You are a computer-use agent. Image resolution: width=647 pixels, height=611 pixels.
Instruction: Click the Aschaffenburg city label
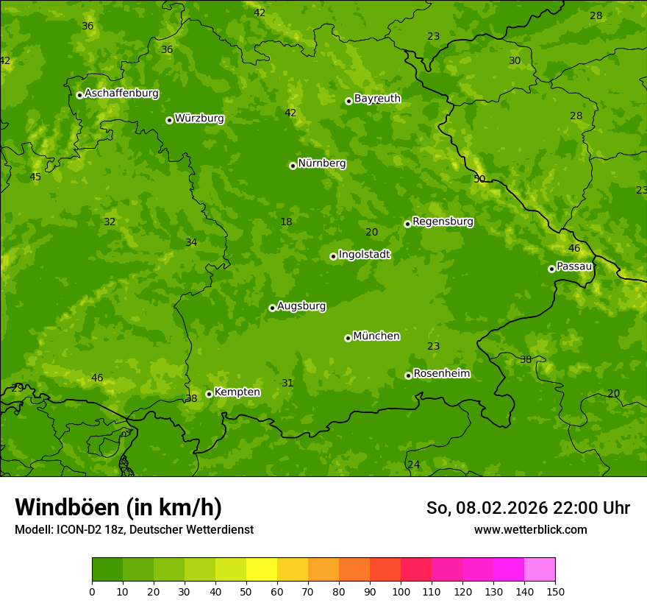tap(121, 93)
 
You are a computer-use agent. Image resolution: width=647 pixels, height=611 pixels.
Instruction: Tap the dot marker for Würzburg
tap(169, 120)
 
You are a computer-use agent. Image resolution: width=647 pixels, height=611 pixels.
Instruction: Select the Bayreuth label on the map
tap(377, 99)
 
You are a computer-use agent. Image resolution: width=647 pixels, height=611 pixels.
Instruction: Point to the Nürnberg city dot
tap(293, 166)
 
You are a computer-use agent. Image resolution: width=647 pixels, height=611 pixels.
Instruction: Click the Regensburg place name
tap(443, 222)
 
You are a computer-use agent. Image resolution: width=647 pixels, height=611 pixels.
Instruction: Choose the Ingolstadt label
tap(364, 255)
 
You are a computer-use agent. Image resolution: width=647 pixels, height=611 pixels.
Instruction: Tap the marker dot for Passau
tap(551, 269)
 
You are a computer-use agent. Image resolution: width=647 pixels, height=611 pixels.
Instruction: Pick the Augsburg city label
tap(301, 306)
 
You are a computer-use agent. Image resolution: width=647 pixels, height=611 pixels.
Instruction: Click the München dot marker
tap(348, 338)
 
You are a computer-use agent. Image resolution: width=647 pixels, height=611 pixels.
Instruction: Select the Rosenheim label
tap(441, 374)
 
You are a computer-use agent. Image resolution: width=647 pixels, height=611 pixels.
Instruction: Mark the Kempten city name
tap(237, 392)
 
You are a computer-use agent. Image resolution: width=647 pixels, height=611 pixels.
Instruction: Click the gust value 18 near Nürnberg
tap(286, 222)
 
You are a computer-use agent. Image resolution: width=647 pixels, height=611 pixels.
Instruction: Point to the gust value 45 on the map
tap(35, 177)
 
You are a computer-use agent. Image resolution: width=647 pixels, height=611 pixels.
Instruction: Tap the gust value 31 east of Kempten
tap(287, 383)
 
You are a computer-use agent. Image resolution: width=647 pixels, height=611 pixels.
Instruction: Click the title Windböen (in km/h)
tap(118, 507)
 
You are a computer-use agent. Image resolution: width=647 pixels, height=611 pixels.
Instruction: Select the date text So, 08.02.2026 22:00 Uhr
tap(528, 508)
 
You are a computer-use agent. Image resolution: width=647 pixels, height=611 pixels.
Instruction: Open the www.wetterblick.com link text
tap(530, 530)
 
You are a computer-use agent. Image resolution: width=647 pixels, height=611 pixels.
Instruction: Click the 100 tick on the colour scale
tap(401, 591)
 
